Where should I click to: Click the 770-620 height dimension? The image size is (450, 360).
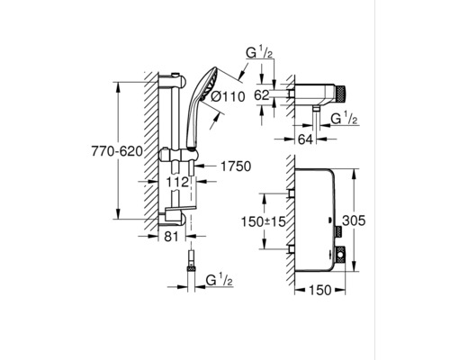[117, 152]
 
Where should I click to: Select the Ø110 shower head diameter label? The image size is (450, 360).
[228, 96]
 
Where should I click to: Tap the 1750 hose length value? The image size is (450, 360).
[236, 166]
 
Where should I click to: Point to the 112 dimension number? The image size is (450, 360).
[178, 182]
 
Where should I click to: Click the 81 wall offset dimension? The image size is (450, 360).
[171, 237]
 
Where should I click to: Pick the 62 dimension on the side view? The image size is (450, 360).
[262, 95]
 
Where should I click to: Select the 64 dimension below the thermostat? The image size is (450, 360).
[305, 139]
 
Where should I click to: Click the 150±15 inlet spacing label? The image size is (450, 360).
[264, 221]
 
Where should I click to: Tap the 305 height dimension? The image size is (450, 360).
[354, 220]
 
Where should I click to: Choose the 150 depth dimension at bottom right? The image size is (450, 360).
[320, 290]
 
